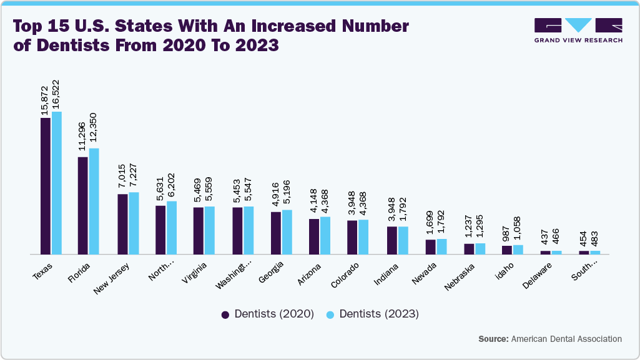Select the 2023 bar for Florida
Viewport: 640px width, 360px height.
(94, 201)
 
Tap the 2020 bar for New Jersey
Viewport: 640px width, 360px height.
(123, 224)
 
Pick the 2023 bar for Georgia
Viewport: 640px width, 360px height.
(287, 232)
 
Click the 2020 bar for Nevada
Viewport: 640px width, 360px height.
(431, 247)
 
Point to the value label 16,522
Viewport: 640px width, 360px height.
(56, 95)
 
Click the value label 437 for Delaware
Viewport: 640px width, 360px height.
(545, 239)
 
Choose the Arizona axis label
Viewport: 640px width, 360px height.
(310, 275)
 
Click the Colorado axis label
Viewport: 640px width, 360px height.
(345, 276)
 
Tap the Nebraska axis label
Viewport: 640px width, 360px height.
(460, 277)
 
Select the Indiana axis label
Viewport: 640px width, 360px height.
(386, 275)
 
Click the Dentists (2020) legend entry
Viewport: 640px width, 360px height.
(268, 314)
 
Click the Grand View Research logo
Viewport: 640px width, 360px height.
(578, 31)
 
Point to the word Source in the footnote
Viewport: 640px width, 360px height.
(493, 339)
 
